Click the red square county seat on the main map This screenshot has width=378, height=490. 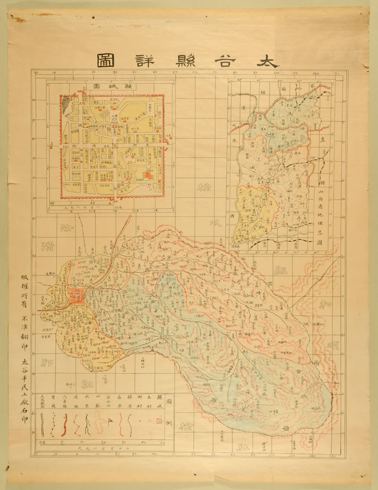(76, 296)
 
